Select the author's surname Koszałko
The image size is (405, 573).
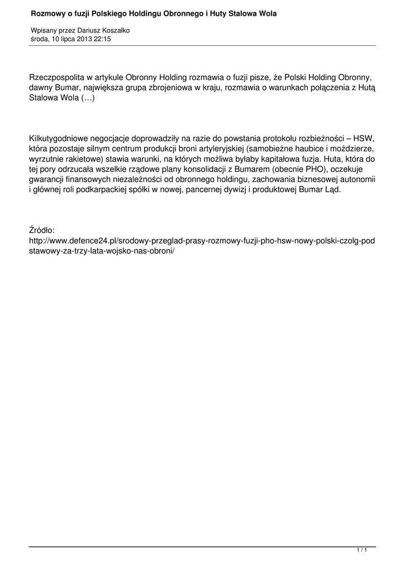(x=115, y=31)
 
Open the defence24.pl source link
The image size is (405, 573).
(x=202, y=240)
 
